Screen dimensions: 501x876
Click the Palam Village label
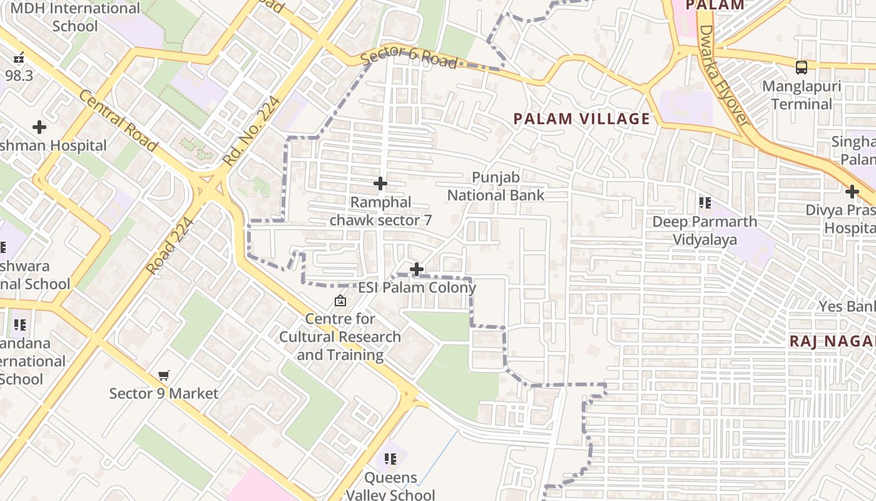(582, 119)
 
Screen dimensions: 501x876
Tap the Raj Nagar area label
(832, 341)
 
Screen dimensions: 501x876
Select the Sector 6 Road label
(409, 58)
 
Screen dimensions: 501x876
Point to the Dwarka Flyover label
(723, 75)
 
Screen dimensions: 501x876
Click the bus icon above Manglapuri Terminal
(802, 68)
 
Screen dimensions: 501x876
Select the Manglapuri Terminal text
(802, 95)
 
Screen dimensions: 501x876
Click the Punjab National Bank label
(496, 187)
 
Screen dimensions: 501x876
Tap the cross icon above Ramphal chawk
(380, 183)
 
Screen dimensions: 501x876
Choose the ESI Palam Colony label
(417, 288)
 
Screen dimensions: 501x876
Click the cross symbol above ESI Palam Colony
(417, 269)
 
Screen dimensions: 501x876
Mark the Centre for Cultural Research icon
(340, 301)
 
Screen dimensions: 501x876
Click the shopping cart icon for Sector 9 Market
(164, 376)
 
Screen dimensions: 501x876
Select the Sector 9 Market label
(164, 394)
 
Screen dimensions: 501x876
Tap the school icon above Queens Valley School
(390, 459)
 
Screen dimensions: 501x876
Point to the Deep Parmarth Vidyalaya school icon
(705, 203)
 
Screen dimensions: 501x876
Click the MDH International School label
(75, 18)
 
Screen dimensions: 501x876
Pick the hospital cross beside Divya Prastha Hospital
(852, 192)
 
